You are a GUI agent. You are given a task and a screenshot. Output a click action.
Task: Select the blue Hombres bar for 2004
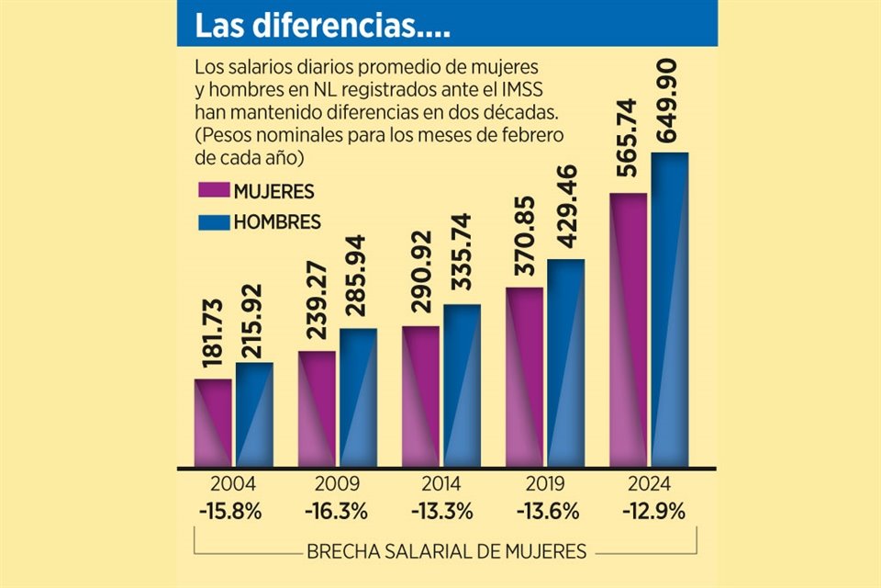[x=253, y=413]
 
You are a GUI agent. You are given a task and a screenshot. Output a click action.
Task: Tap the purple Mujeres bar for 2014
[x=420, y=395]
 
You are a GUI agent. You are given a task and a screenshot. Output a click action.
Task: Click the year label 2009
[x=336, y=484]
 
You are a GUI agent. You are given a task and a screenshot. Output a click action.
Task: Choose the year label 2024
[x=650, y=484]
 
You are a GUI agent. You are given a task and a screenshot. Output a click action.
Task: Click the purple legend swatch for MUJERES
[x=212, y=191]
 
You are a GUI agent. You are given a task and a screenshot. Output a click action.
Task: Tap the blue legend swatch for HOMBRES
[x=212, y=221]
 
